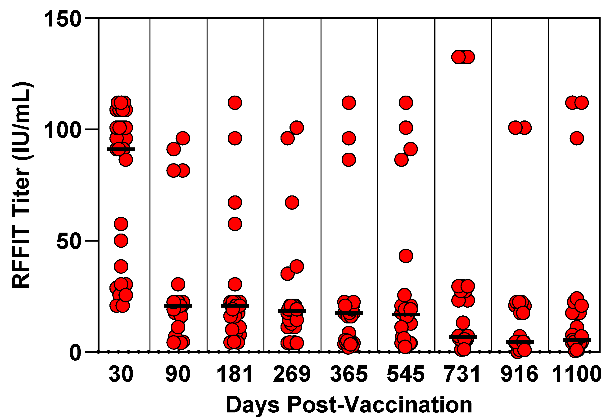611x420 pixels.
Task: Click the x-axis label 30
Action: click(121, 374)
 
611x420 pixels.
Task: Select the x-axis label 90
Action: click(178, 374)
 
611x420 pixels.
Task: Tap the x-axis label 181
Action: click(235, 374)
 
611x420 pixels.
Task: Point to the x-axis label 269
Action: click(292, 374)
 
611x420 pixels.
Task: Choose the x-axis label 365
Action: click(348, 374)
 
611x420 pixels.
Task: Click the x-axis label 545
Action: click(406, 374)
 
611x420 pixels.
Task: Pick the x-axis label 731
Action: click(462, 374)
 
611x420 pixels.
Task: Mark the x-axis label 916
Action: click(519, 374)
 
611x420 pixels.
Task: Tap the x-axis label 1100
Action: click(576, 374)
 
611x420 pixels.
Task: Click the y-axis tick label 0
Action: click(75, 353)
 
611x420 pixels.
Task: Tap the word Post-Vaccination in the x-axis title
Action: click(379, 405)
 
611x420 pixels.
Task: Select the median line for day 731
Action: click(463, 337)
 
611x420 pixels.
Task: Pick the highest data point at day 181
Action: click(235, 103)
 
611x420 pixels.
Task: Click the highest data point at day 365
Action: click(348, 103)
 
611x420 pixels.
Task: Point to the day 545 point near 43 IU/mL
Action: click(406, 256)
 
